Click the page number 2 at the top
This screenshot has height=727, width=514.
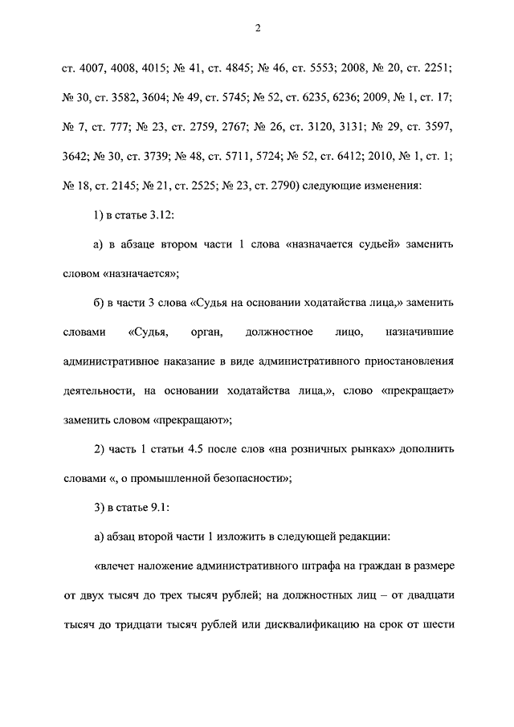[x=258, y=30]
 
